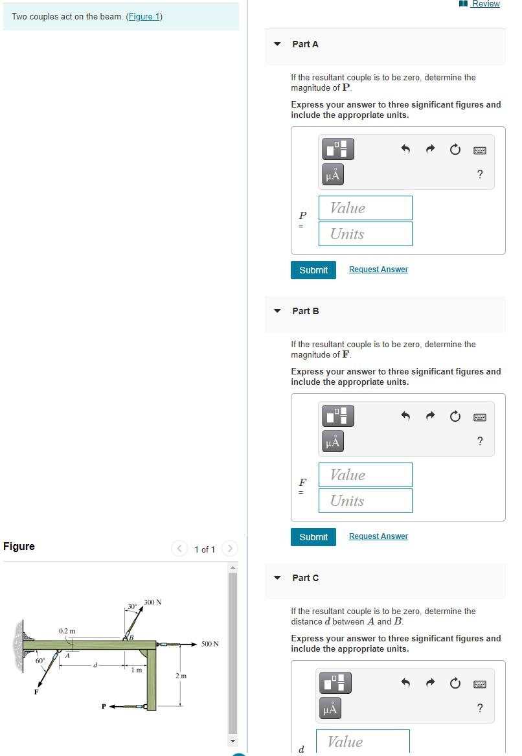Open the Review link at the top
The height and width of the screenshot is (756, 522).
[485, 4]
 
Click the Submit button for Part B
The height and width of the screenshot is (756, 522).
[313, 537]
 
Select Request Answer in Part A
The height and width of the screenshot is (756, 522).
[378, 269]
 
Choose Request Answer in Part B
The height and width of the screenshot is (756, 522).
[378, 536]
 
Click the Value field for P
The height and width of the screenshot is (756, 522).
[365, 208]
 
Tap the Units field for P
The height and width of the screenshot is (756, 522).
[365, 234]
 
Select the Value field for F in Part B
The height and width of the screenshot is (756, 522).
[365, 475]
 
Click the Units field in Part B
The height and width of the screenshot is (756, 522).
[365, 501]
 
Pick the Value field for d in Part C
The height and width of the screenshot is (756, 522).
[363, 742]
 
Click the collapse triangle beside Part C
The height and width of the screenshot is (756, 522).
[277, 578]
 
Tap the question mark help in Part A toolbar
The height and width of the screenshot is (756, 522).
[479, 174]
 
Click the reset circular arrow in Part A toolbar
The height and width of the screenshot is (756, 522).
[455, 150]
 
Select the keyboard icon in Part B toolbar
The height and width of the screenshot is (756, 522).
[479, 417]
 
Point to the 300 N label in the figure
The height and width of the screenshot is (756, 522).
[153, 602]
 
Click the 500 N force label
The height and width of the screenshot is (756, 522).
[210, 644]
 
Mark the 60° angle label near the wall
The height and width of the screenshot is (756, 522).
[40, 661]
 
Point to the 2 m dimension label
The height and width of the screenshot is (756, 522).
[181, 676]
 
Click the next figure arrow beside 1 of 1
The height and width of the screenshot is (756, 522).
[230, 549]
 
